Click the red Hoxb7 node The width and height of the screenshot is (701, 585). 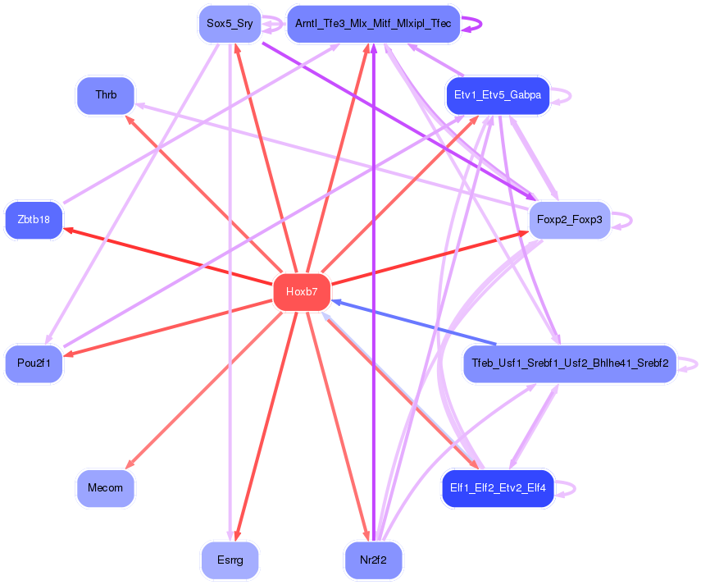click(301, 292)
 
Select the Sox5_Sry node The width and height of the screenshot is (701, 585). click(230, 24)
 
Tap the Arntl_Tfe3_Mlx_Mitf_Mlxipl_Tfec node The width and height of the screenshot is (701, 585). click(373, 24)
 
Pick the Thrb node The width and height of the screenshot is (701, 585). click(106, 95)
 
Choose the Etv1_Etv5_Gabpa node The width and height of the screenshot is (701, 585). click(497, 95)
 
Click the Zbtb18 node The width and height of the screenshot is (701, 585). click(34, 220)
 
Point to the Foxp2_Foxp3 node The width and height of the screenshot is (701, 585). click(569, 220)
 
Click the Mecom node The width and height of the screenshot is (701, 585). click(105, 488)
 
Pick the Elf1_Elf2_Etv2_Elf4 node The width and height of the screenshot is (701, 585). click(497, 488)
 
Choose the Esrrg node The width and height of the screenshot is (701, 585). click(230, 561)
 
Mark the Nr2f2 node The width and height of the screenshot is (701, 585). click(373, 561)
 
